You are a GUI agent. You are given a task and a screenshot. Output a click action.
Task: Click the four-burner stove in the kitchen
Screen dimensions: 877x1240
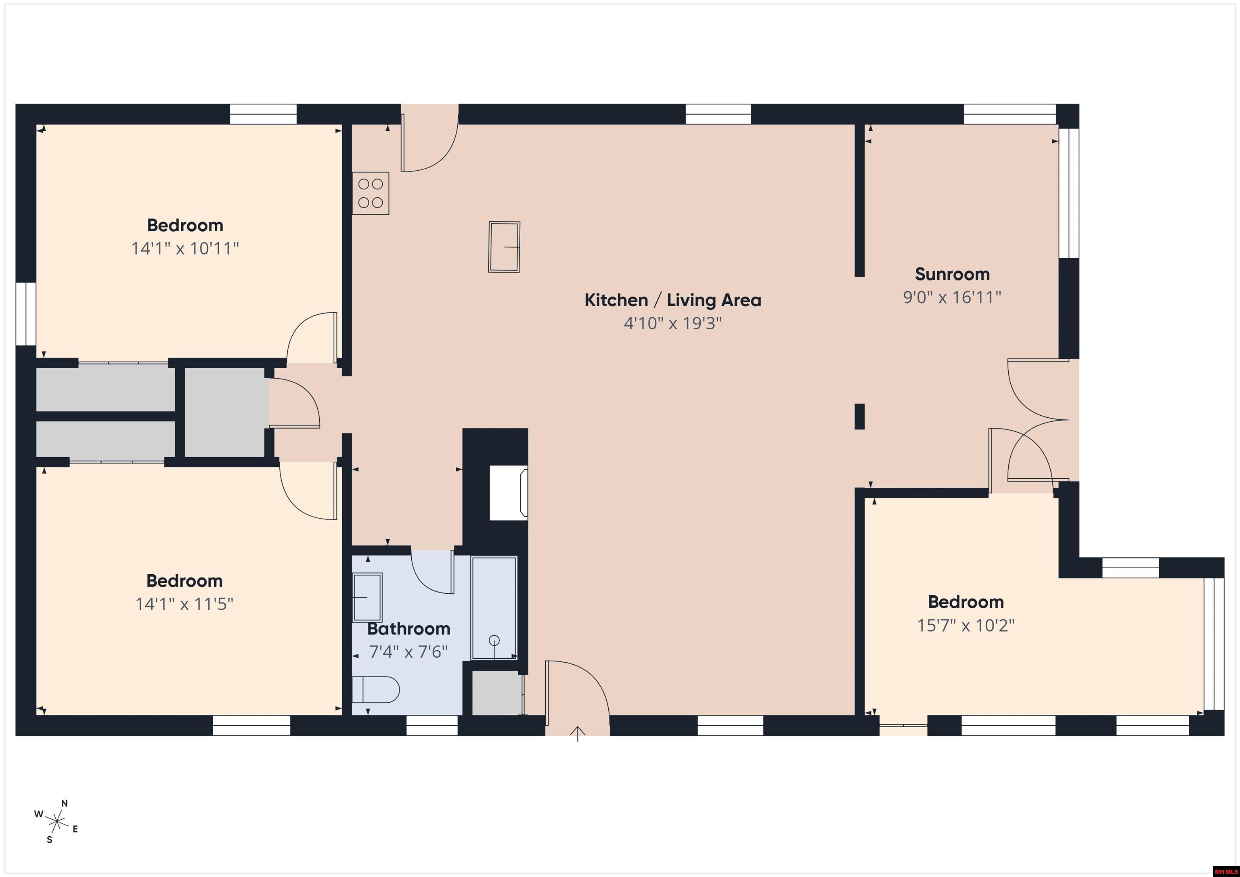pyautogui.click(x=371, y=193)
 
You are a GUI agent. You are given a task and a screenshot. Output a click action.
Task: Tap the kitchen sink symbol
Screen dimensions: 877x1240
pyautogui.click(x=504, y=247)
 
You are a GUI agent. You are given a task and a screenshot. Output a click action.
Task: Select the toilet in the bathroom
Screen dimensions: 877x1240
pyautogui.click(x=375, y=690)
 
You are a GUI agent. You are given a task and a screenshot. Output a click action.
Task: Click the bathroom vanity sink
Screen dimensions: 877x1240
pyautogui.click(x=367, y=597)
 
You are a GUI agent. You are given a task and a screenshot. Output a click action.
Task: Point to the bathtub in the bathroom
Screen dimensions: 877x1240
pyautogui.click(x=494, y=608)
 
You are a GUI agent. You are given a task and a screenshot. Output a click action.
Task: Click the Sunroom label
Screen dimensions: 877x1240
pyautogui.click(x=952, y=274)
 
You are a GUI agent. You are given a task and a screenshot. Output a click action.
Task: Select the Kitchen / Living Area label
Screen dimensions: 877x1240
pyautogui.click(x=672, y=300)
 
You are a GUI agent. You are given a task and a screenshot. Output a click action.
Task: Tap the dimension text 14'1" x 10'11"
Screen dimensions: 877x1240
pyautogui.click(x=185, y=249)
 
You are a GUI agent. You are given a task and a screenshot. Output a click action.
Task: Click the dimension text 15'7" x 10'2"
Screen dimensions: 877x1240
pyautogui.click(x=966, y=625)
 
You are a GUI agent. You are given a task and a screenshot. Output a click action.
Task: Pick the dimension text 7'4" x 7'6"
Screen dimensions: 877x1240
pyautogui.click(x=408, y=652)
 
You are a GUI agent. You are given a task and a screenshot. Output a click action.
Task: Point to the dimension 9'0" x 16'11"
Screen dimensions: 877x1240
pyautogui.click(x=952, y=297)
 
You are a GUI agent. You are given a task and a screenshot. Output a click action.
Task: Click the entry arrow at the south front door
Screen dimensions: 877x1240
pyautogui.click(x=577, y=733)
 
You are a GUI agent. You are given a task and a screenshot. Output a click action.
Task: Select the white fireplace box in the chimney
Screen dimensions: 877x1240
pyautogui.click(x=508, y=494)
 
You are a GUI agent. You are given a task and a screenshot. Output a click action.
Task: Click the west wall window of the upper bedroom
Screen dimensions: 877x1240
pyautogui.click(x=25, y=314)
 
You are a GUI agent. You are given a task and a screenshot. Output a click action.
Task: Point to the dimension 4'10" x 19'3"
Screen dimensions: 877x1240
pyautogui.click(x=672, y=323)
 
